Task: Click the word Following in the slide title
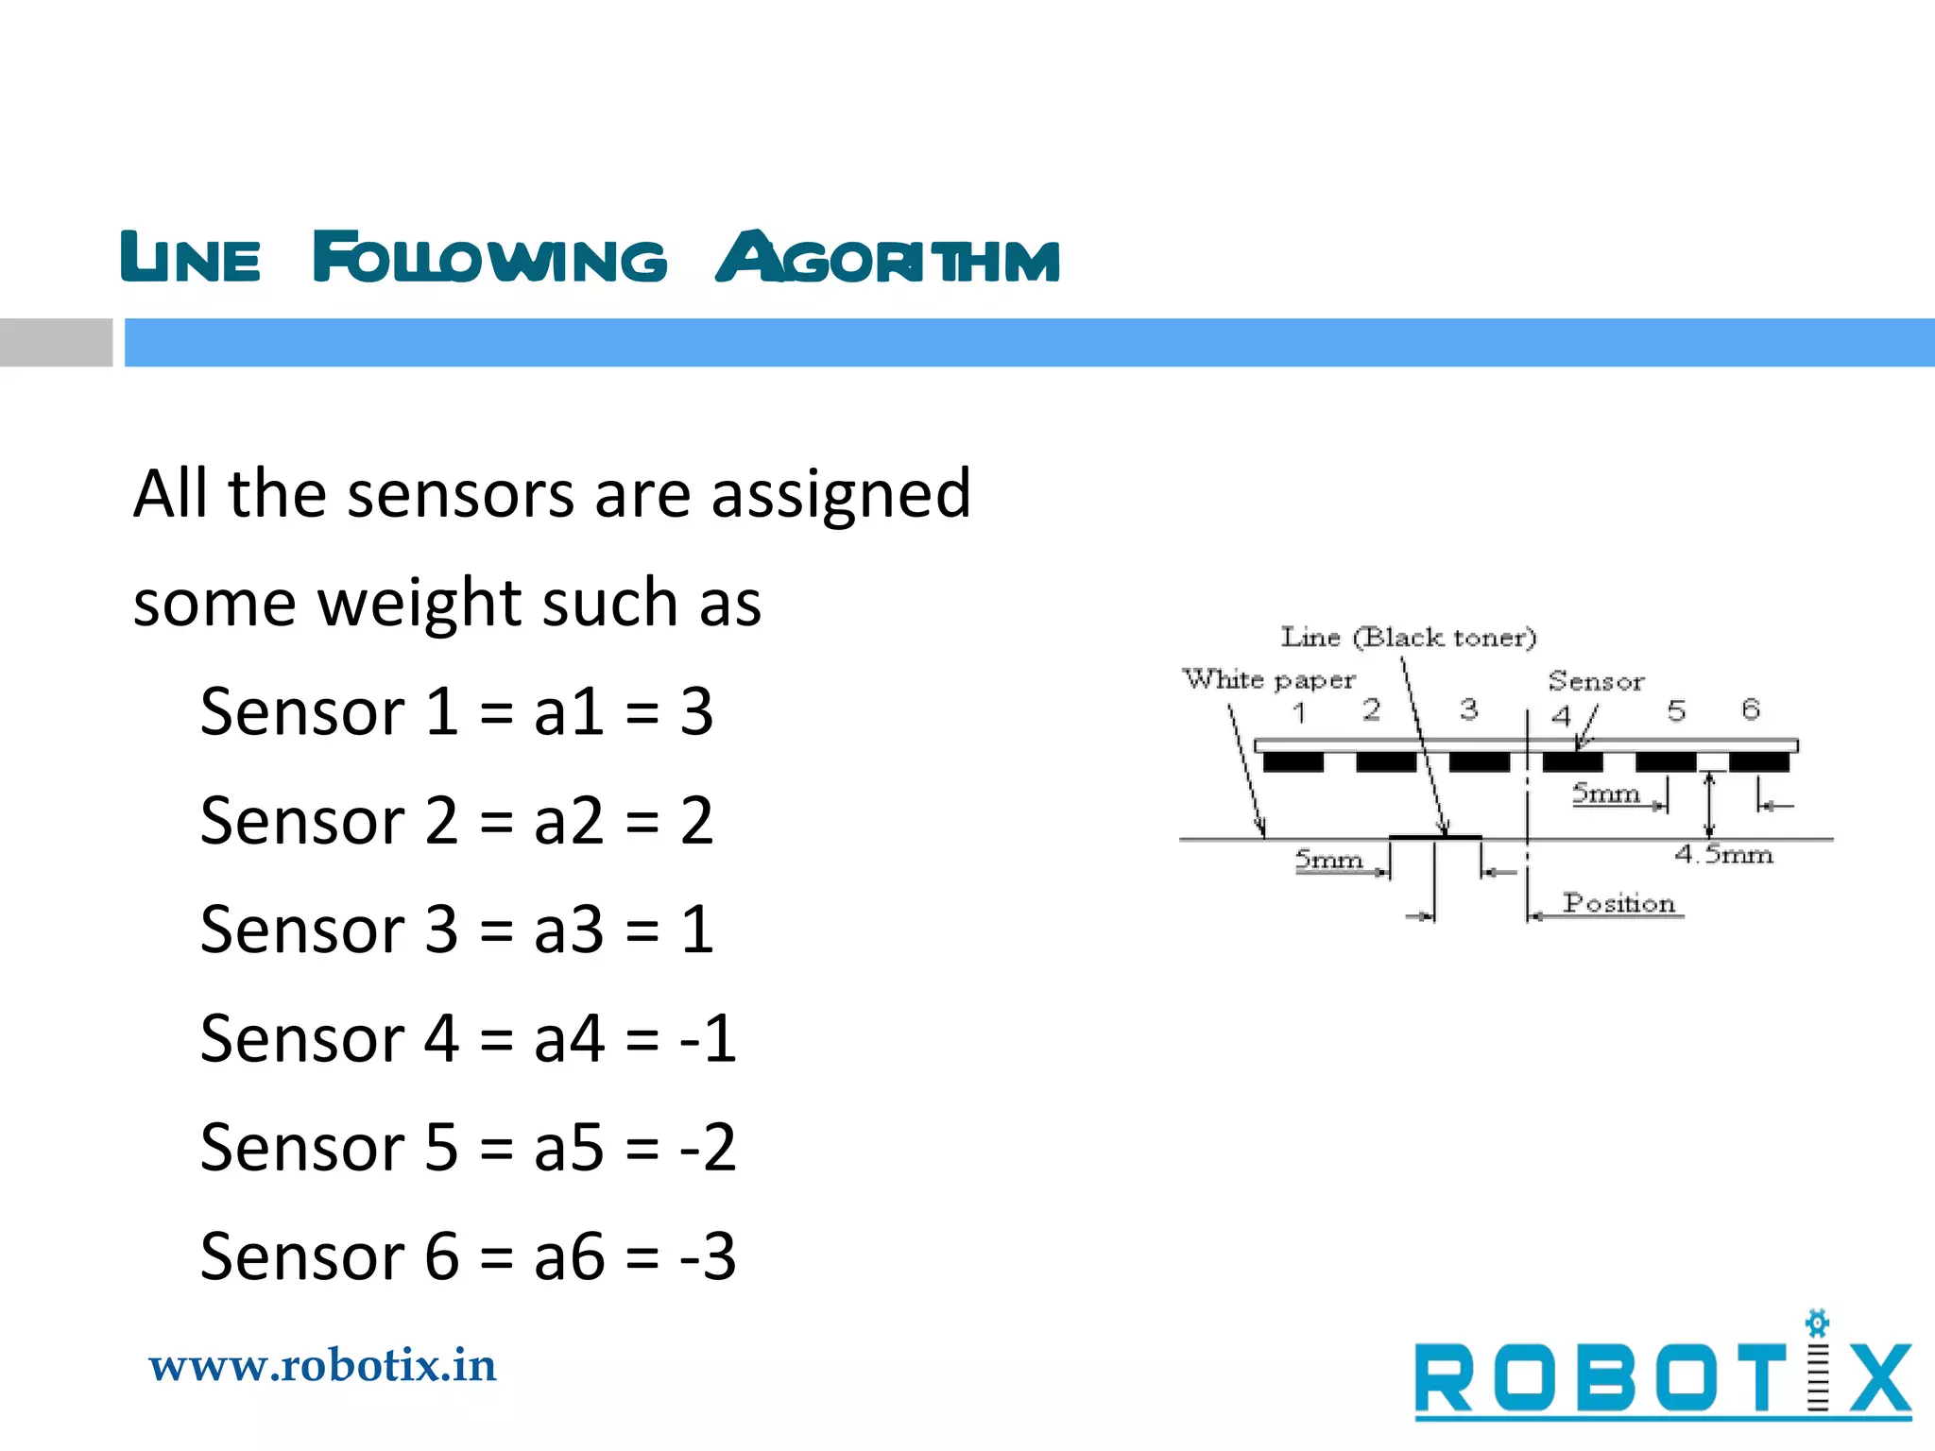489,257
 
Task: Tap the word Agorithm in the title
887,257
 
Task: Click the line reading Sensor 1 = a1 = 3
456,711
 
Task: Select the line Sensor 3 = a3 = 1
456,930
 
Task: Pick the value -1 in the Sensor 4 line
708,1039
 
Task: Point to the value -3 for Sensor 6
708,1257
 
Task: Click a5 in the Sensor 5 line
569,1148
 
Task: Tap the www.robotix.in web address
322,1366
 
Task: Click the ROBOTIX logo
1663,1377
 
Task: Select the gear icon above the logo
1817,1323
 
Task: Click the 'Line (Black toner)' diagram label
1408,638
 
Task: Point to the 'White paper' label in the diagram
1268,679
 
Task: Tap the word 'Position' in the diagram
1618,903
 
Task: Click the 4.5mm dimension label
1723,855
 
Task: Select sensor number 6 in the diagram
1751,709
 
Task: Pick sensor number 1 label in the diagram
1299,712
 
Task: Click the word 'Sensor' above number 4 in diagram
1596,681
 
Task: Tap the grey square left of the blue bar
56,342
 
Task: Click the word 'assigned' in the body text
841,494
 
